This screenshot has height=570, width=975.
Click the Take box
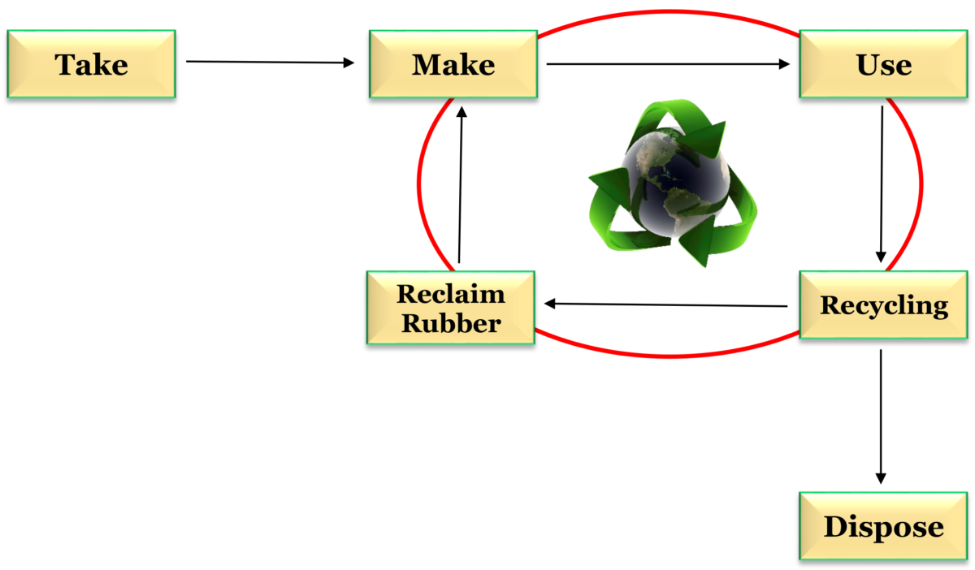point(91,64)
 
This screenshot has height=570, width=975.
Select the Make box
point(453,64)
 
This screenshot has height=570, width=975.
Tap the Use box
point(884,64)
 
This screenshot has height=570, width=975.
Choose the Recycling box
point(884,304)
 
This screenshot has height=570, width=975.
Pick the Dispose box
point(884,526)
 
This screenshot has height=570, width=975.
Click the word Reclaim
point(450,293)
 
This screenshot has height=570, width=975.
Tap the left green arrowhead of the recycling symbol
point(605,183)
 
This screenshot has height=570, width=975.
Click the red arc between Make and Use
point(666,12)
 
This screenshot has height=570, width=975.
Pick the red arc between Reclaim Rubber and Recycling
point(666,355)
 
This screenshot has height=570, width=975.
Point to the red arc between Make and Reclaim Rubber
point(419,183)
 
